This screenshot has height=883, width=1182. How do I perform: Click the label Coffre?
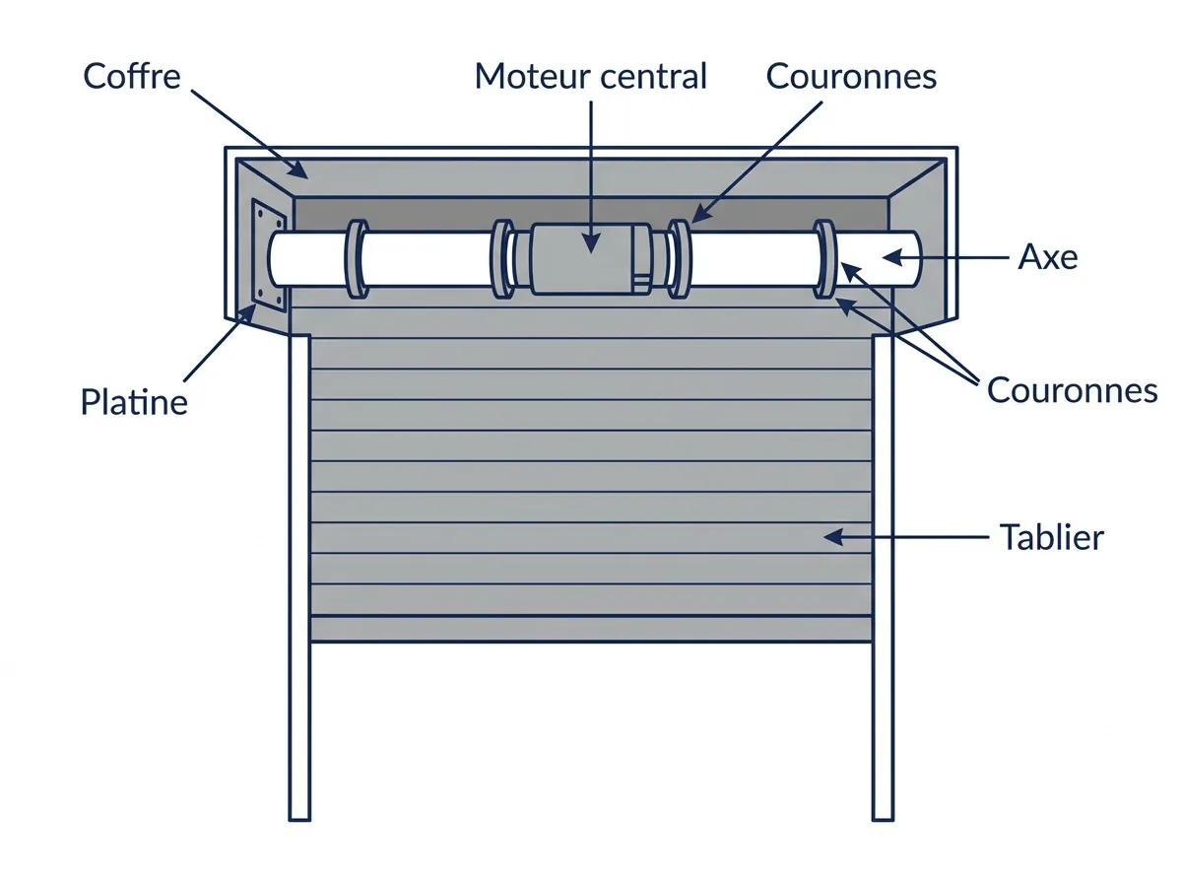coord(132,76)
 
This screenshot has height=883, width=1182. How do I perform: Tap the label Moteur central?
coord(590,76)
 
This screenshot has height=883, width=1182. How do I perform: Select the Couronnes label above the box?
coord(851,76)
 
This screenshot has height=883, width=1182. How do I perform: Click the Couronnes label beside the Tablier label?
coord(1072,390)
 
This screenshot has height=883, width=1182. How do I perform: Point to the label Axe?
coord(1048,256)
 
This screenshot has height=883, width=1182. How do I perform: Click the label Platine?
coord(134,402)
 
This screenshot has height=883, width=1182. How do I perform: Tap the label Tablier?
coord(1052,537)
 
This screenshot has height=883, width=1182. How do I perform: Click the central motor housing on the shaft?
coord(591,259)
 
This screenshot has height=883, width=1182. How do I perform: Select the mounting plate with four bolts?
coord(269,255)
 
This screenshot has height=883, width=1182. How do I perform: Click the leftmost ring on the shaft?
coord(357,259)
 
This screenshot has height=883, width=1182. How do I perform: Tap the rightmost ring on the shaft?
coord(824,259)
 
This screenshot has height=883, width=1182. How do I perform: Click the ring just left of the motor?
coord(502,259)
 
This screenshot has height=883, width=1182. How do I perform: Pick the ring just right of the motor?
coord(679,259)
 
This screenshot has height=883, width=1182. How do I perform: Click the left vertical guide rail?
coord(299,577)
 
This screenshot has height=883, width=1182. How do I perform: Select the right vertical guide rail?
coord(884,577)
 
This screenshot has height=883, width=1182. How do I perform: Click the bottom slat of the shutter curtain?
coord(591,629)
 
